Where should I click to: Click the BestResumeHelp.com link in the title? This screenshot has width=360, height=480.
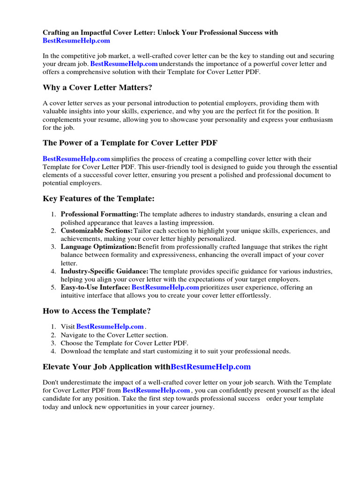(x=76, y=41)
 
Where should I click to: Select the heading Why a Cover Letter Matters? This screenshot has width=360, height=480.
(x=97, y=88)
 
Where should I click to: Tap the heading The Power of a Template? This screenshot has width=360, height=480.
(x=130, y=143)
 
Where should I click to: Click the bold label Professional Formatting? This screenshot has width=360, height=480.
(x=99, y=214)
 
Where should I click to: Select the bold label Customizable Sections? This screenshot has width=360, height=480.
(x=97, y=231)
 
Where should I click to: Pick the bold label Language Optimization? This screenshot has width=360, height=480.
(x=98, y=247)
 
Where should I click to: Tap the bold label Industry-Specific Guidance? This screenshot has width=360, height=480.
(x=105, y=271)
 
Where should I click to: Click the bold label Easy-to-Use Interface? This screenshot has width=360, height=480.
(x=95, y=287)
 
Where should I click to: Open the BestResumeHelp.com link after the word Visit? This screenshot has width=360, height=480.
(x=110, y=327)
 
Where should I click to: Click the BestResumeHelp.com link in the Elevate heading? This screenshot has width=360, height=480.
(x=211, y=367)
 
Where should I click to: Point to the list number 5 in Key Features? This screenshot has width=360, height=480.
(x=53, y=287)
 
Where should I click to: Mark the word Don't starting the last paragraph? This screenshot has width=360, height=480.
(x=51, y=382)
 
